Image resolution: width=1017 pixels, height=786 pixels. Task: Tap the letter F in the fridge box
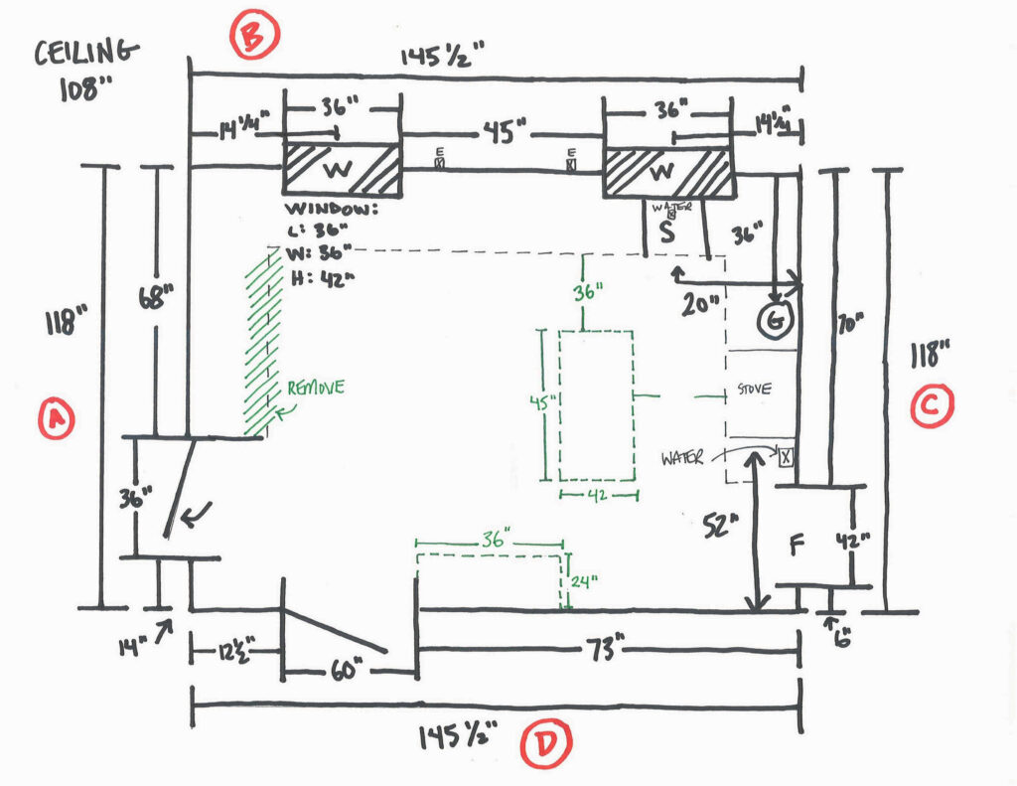tap(797, 544)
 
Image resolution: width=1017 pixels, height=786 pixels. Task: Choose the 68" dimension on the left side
tap(155, 298)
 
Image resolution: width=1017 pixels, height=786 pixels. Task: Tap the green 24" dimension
tap(586, 582)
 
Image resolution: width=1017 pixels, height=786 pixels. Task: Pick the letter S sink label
tap(666, 235)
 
